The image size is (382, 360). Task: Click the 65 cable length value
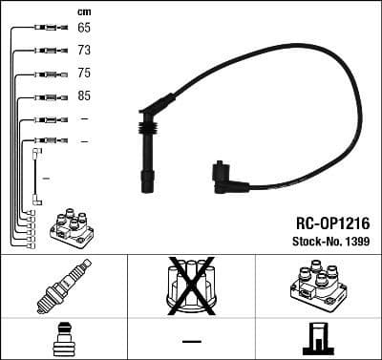[x=84, y=29]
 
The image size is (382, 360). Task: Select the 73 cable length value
[x=84, y=51]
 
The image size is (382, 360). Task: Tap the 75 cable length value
[x=84, y=74]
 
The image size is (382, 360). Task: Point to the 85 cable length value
[x=84, y=96]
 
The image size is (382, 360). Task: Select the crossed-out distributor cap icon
[x=190, y=284]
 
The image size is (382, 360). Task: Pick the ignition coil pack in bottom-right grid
[x=316, y=284]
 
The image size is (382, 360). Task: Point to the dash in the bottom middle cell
[x=190, y=341]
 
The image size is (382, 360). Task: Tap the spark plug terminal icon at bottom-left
[x=62, y=339]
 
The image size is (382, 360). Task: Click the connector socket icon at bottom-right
[x=316, y=339]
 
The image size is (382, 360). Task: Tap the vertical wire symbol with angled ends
[x=36, y=177]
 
